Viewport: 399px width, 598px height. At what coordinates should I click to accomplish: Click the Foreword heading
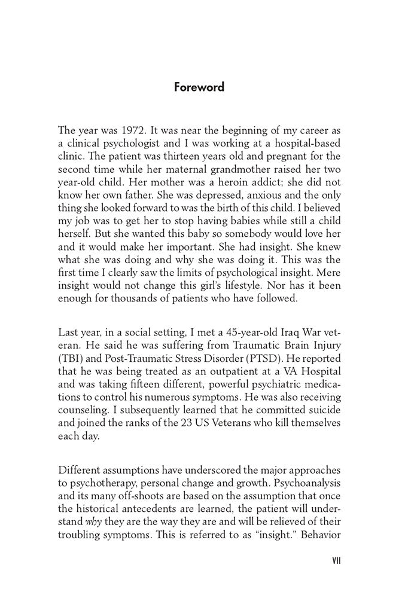pyautogui.click(x=199, y=87)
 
